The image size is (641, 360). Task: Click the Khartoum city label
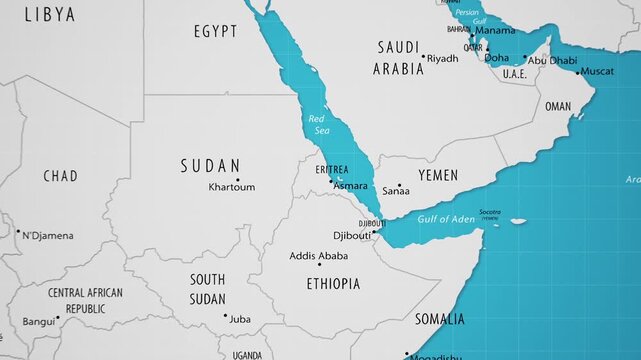[232, 187]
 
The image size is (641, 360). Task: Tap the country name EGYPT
[215, 32]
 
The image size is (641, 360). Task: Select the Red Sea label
[317, 124]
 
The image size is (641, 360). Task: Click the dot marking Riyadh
[423, 57]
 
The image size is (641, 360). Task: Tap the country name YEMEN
[437, 176]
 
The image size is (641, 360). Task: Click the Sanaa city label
[397, 190]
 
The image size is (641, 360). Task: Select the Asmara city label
[350, 186]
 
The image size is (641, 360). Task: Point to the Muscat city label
[597, 72]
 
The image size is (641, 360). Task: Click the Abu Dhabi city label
[552, 60]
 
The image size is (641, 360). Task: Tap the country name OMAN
[558, 106]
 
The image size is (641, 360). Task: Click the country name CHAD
[60, 176]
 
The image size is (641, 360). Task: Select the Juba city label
[240, 319]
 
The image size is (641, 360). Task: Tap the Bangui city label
[39, 322]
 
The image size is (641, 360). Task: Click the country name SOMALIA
[440, 320]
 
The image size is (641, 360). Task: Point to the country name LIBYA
[49, 14]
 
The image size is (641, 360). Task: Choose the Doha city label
[497, 58]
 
